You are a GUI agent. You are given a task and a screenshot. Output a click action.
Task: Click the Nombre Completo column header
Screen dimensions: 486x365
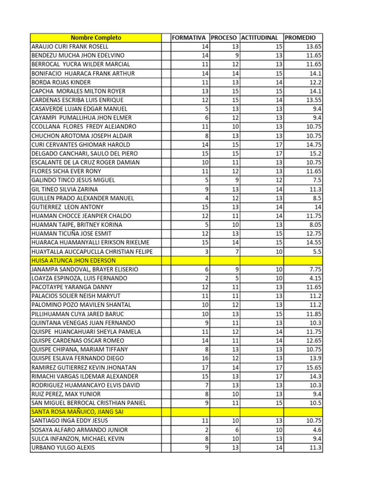(x=96, y=37)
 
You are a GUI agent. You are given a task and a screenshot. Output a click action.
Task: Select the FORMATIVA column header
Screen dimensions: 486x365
(x=190, y=37)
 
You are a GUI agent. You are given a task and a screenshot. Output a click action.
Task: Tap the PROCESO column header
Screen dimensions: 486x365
(x=225, y=37)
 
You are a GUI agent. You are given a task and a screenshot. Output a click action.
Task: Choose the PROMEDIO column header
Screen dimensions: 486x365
(x=300, y=37)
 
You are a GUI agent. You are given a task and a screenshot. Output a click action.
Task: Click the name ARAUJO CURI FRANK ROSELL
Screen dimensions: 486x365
(x=70, y=47)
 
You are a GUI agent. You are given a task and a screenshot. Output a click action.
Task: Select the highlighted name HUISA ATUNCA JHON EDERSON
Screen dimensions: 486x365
(x=73, y=261)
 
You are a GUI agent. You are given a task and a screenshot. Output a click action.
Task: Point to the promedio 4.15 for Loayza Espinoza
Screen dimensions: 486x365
(x=315, y=278)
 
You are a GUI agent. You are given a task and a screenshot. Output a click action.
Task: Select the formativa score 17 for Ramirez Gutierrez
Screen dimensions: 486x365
(x=205, y=367)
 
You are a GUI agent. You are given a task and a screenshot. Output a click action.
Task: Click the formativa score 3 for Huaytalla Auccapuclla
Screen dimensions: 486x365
(x=207, y=252)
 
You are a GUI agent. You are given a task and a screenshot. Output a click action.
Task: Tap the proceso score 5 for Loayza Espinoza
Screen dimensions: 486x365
(x=237, y=278)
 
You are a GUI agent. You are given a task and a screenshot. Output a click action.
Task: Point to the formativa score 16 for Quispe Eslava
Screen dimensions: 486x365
(x=205, y=358)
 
